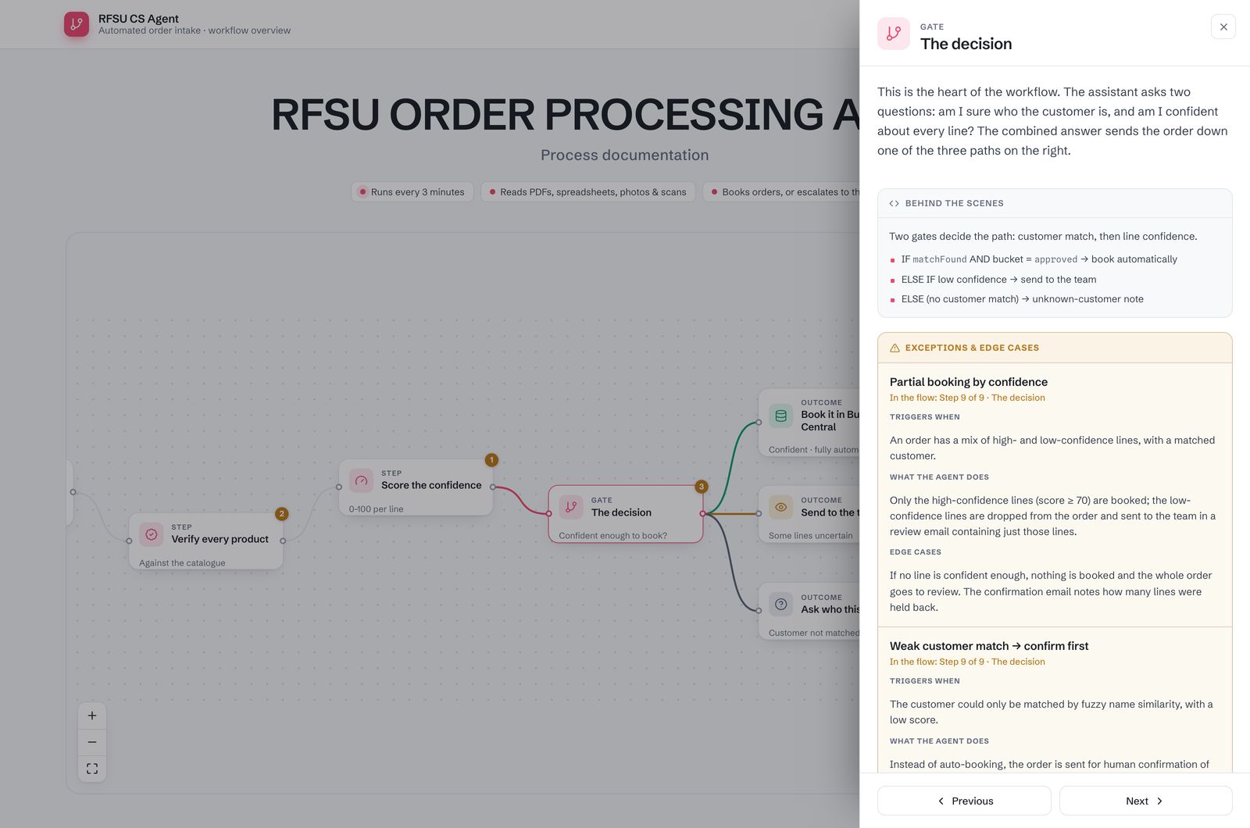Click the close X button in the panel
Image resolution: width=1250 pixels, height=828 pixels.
tap(1223, 27)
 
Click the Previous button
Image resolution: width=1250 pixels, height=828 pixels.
tap(964, 801)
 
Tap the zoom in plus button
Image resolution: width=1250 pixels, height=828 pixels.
tap(92, 716)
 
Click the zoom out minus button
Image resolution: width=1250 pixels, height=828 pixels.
tap(92, 742)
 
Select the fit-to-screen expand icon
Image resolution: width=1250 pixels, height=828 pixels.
tap(92, 769)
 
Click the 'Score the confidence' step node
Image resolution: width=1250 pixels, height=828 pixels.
tap(416, 487)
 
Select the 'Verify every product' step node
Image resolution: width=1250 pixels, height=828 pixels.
tap(206, 541)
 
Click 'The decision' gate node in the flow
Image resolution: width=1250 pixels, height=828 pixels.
tap(626, 514)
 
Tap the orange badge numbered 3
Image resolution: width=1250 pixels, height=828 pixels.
tap(702, 487)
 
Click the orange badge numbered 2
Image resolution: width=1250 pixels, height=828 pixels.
tap(282, 514)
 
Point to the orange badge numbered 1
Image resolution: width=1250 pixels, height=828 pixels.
tap(491, 460)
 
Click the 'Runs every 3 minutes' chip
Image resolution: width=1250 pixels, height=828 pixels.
tap(412, 192)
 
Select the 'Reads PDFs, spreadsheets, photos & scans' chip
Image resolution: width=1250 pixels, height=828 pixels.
tap(587, 192)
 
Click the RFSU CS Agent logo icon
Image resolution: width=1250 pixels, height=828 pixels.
tap(77, 24)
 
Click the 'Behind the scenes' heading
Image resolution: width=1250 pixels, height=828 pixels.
tap(954, 203)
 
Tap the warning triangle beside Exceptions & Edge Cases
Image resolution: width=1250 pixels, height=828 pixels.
tap(895, 348)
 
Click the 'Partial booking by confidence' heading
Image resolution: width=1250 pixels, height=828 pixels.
tap(968, 382)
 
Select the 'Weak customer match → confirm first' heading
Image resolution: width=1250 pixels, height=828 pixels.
tap(989, 645)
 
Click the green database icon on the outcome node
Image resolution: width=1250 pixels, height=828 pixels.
tap(780, 416)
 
